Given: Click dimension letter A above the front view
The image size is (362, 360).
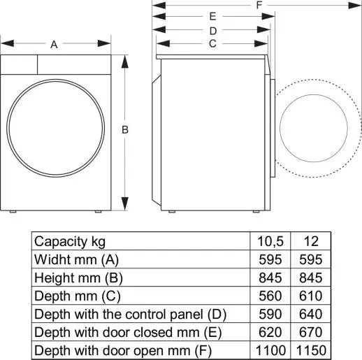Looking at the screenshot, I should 54,44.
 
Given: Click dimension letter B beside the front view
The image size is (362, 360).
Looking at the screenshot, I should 125,129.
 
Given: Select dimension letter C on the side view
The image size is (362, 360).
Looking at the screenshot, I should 212,43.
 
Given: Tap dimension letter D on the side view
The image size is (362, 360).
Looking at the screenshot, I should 212,30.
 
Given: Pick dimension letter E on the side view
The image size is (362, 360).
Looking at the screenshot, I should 212,16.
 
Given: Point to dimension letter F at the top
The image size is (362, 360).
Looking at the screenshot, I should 259,5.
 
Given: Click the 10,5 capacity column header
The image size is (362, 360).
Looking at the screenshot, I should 269,241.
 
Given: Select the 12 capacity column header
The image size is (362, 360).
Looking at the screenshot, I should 311,241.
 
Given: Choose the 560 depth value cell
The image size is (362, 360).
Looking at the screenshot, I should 269,296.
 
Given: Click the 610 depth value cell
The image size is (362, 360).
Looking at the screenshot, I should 311,296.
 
